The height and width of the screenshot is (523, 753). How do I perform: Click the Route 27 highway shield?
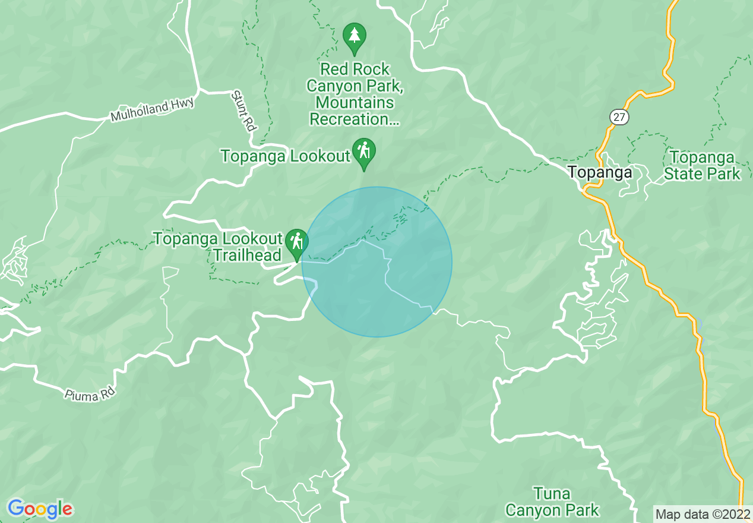619,117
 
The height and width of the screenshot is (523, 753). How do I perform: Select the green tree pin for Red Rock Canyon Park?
355,37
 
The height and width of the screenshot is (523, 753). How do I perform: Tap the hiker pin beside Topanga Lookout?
363,151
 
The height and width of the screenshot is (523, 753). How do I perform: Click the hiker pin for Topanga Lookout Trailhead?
296,242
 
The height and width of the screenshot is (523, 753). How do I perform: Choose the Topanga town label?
600,172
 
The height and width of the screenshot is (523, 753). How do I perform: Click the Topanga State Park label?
702,166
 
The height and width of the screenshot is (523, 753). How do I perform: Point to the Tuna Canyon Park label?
552,502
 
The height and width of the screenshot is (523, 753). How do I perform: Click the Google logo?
40,509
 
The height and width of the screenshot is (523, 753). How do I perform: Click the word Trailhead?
247,256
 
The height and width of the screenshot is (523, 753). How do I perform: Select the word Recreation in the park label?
349,119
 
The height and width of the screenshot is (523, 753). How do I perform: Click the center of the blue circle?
377,262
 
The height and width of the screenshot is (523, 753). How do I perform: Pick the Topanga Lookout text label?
286,156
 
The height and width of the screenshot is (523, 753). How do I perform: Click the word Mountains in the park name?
355,103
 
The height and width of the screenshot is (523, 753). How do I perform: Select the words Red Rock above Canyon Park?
355,69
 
